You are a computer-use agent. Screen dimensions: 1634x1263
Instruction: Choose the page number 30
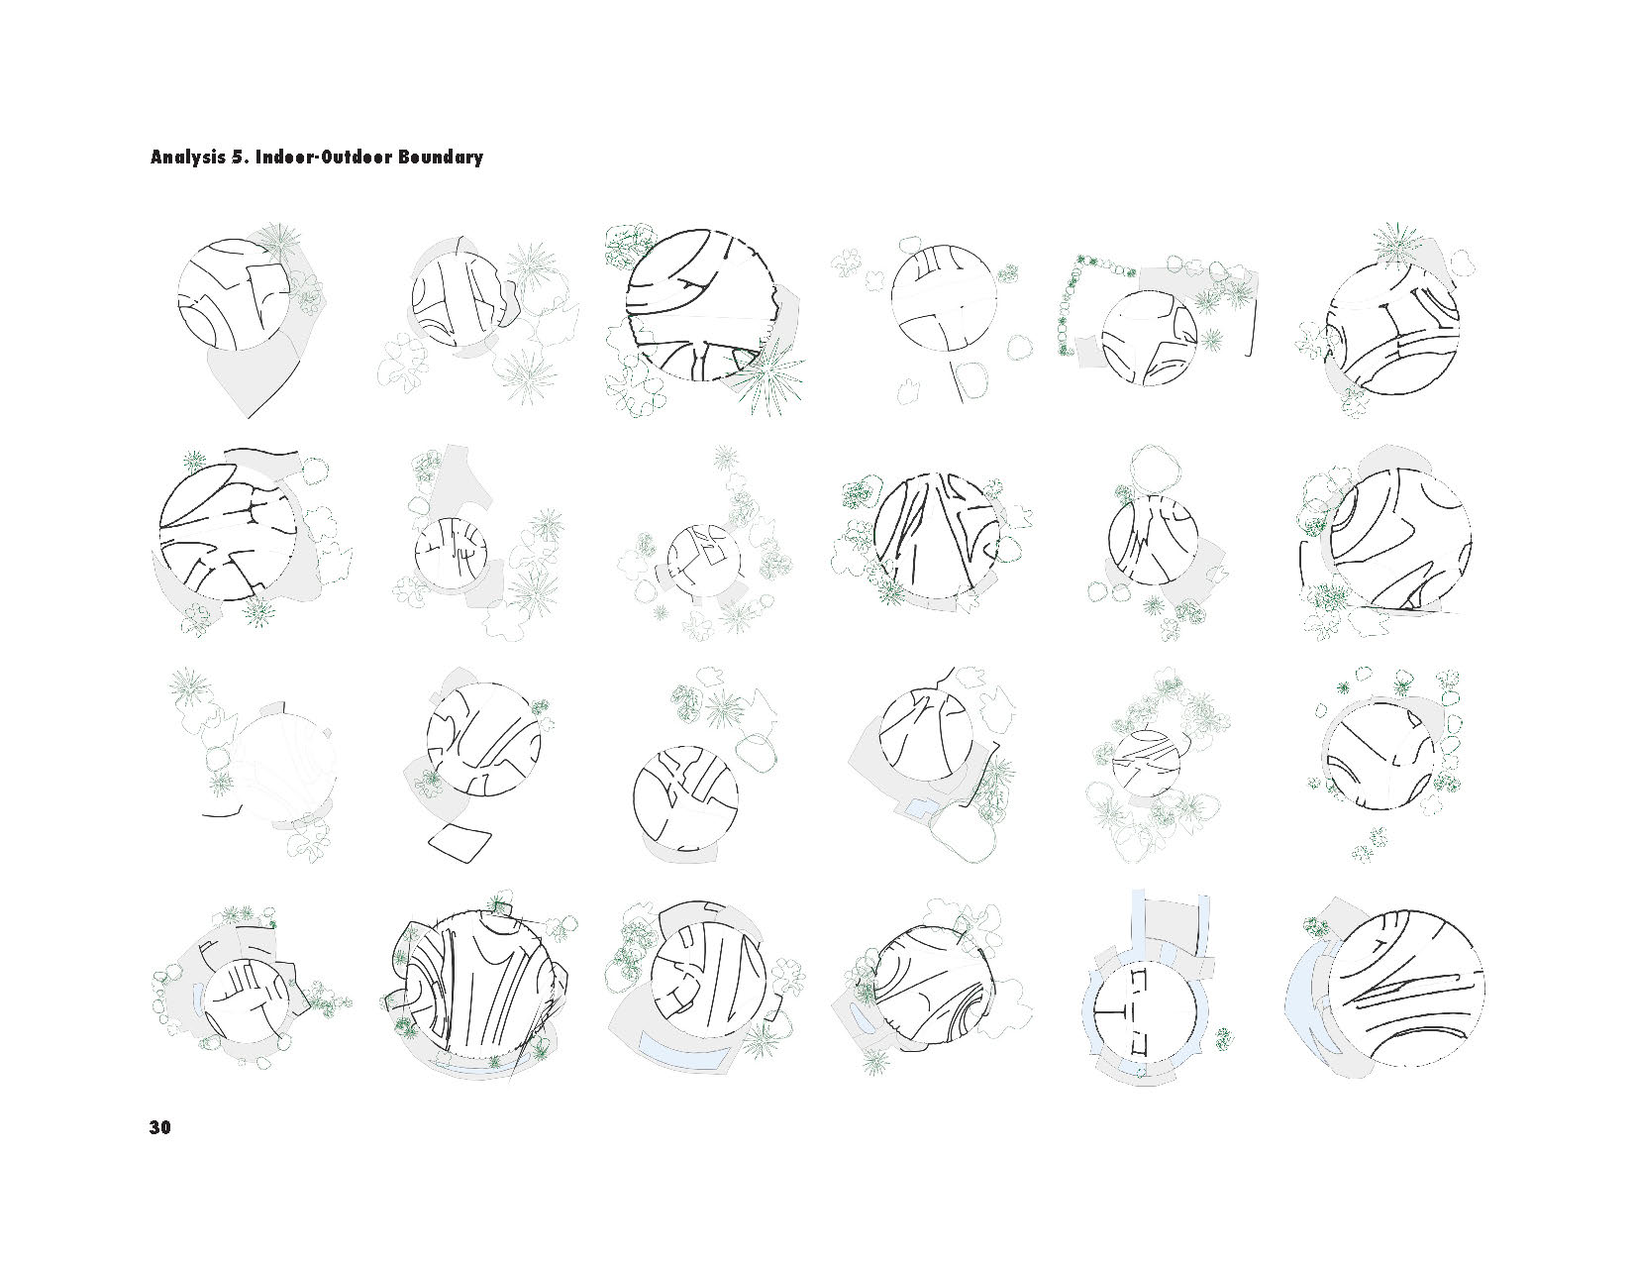(160, 1127)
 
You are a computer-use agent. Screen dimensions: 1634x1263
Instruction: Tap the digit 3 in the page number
(154, 1127)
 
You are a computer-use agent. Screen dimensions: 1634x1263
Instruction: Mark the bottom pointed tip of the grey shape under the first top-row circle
(249, 417)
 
